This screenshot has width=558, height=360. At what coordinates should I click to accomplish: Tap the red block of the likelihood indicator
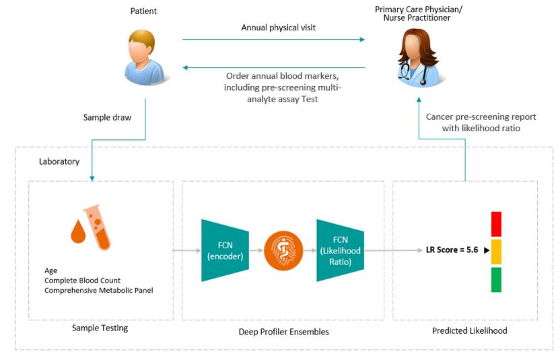click(496, 223)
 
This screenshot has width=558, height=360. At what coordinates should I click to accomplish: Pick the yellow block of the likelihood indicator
click(496, 251)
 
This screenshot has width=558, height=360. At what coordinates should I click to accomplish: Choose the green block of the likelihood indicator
click(496, 279)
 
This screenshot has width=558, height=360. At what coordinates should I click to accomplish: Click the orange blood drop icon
click(79, 229)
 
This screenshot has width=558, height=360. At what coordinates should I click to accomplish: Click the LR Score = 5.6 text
click(452, 250)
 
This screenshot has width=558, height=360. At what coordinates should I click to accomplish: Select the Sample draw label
click(107, 117)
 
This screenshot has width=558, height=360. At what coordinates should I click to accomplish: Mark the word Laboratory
click(59, 161)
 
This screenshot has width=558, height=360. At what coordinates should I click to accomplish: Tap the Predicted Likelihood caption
click(469, 330)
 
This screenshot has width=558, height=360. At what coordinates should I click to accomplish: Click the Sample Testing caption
click(100, 328)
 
